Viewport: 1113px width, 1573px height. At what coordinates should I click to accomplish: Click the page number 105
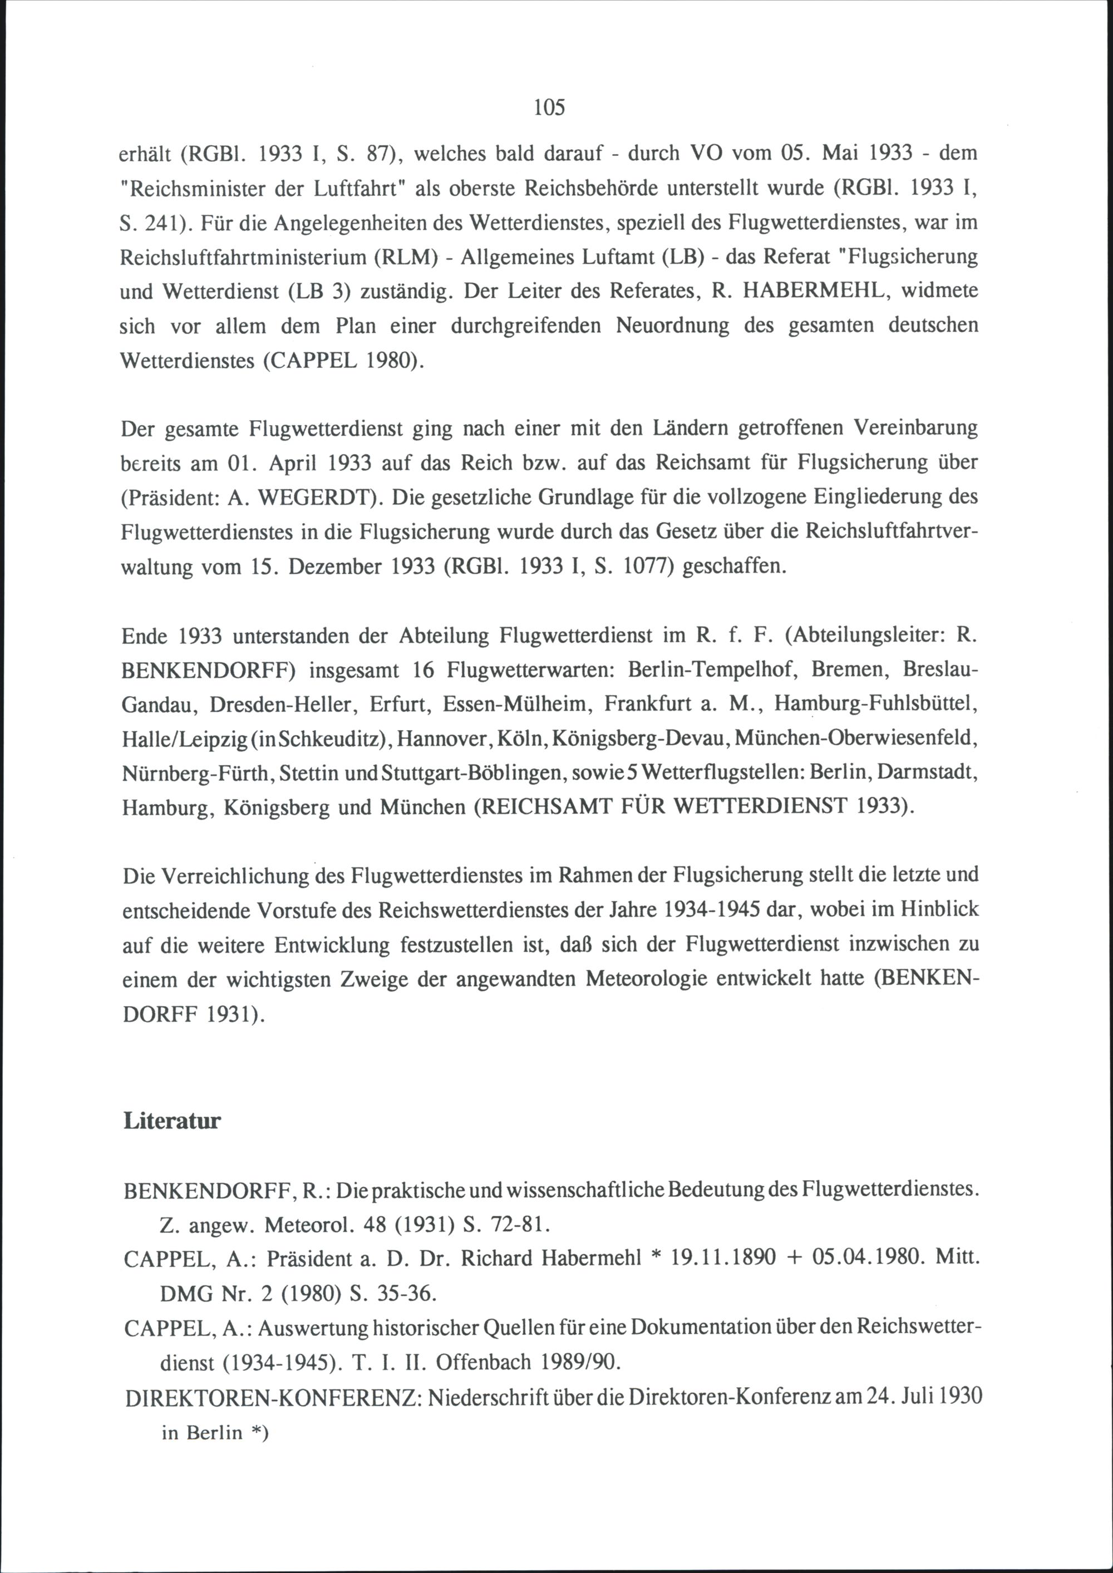pyautogui.click(x=549, y=107)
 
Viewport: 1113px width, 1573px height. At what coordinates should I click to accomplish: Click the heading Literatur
pyautogui.click(x=172, y=1122)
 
